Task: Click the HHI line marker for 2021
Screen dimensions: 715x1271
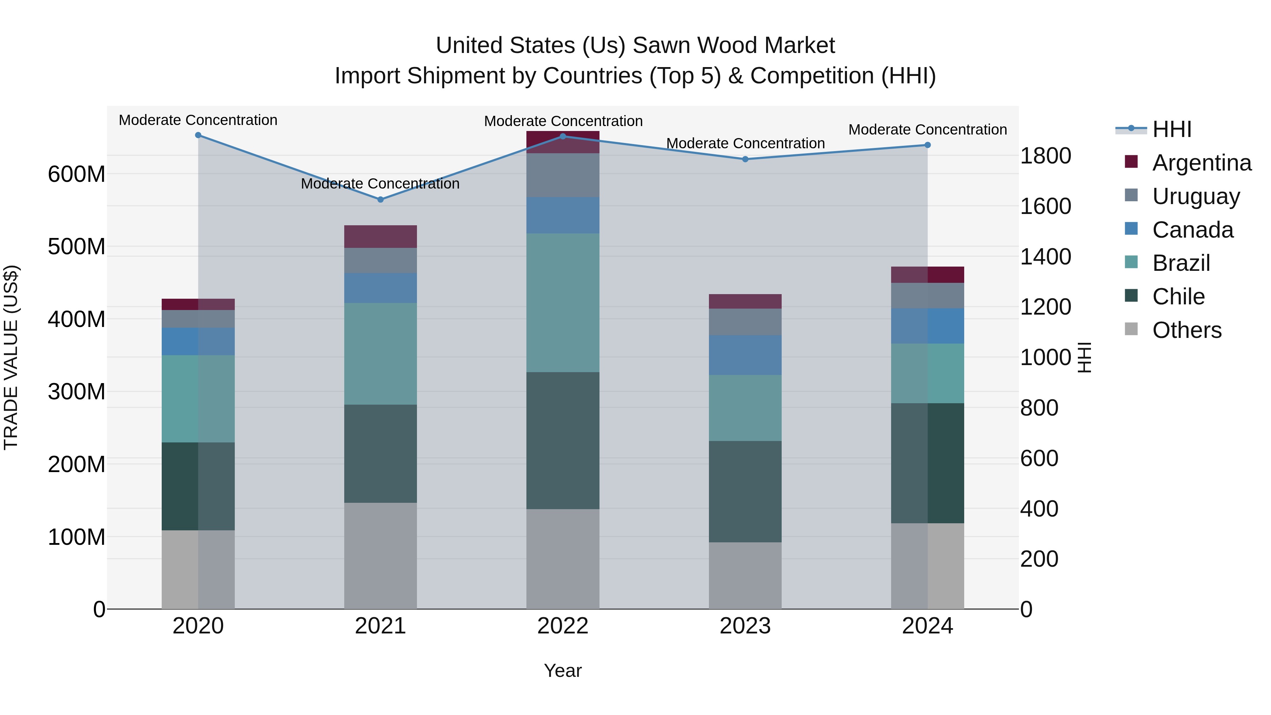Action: pos(380,199)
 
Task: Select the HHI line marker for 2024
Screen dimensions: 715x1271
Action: pos(927,145)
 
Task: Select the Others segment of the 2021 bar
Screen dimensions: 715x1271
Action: pos(380,556)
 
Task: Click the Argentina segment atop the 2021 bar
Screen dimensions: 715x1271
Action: pos(380,236)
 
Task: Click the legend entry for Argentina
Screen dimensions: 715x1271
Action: pos(1202,162)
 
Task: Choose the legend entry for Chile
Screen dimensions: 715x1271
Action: pos(1178,297)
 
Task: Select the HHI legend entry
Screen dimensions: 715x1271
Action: pos(1172,129)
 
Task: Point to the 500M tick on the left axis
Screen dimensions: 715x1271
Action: pos(77,246)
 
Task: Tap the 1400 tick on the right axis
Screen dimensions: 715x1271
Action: pos(1045,257)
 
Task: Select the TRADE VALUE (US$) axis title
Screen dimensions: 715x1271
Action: pos(11,357)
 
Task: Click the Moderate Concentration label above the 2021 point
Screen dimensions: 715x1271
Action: pos(380,184)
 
